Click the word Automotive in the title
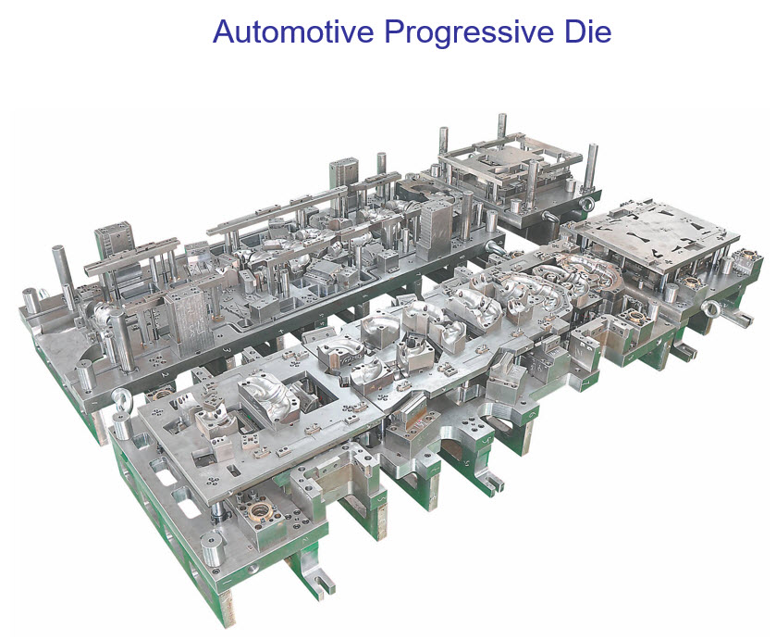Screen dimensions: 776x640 pyautogui.click(x=293, y=31)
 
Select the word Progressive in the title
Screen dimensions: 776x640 pyautogui.click(x=470, y=32)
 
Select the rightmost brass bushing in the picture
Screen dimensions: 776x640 pyautogui.click(x=745, y=256)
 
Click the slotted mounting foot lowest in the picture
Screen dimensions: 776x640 pyautogui.click(x=320, y=579)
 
